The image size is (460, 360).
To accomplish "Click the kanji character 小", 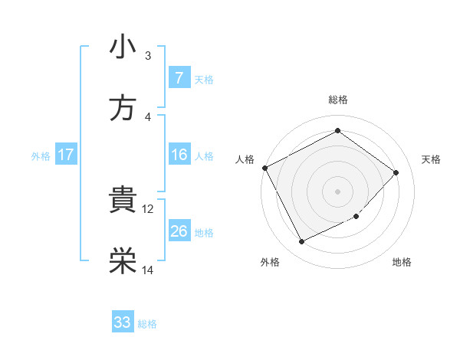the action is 123,47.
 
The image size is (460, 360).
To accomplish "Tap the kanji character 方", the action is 123,109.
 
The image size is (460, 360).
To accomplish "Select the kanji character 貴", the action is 123,201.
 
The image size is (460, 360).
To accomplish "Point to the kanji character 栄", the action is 123,262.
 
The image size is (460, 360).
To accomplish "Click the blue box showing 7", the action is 179,78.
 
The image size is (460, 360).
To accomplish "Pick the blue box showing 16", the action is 179,155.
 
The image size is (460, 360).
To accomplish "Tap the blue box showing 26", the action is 179,231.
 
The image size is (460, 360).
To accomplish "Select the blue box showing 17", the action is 66,155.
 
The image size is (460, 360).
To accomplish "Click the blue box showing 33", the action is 123,322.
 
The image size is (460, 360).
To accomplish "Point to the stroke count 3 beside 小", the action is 148,55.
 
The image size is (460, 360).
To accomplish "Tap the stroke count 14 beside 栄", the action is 148,270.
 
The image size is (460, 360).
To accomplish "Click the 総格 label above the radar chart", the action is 338,100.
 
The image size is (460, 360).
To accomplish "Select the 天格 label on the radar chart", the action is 432,159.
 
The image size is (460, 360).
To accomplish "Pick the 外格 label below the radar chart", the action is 270,262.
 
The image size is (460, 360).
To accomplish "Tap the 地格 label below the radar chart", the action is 402,262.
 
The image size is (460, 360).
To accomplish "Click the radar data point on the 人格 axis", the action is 264,168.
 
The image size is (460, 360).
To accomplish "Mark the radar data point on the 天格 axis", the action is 396,172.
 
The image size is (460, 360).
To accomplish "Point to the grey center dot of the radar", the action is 337,191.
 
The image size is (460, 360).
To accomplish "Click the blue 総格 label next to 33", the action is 147,324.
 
